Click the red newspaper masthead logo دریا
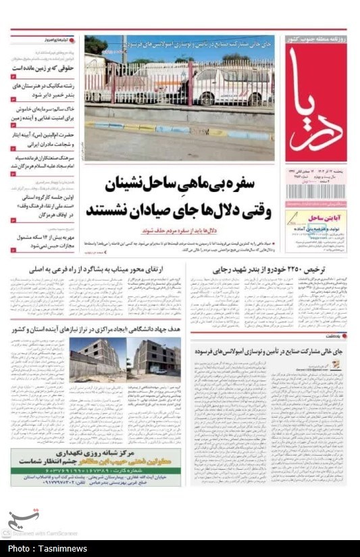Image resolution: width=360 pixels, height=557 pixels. click(x=316, y=103)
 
